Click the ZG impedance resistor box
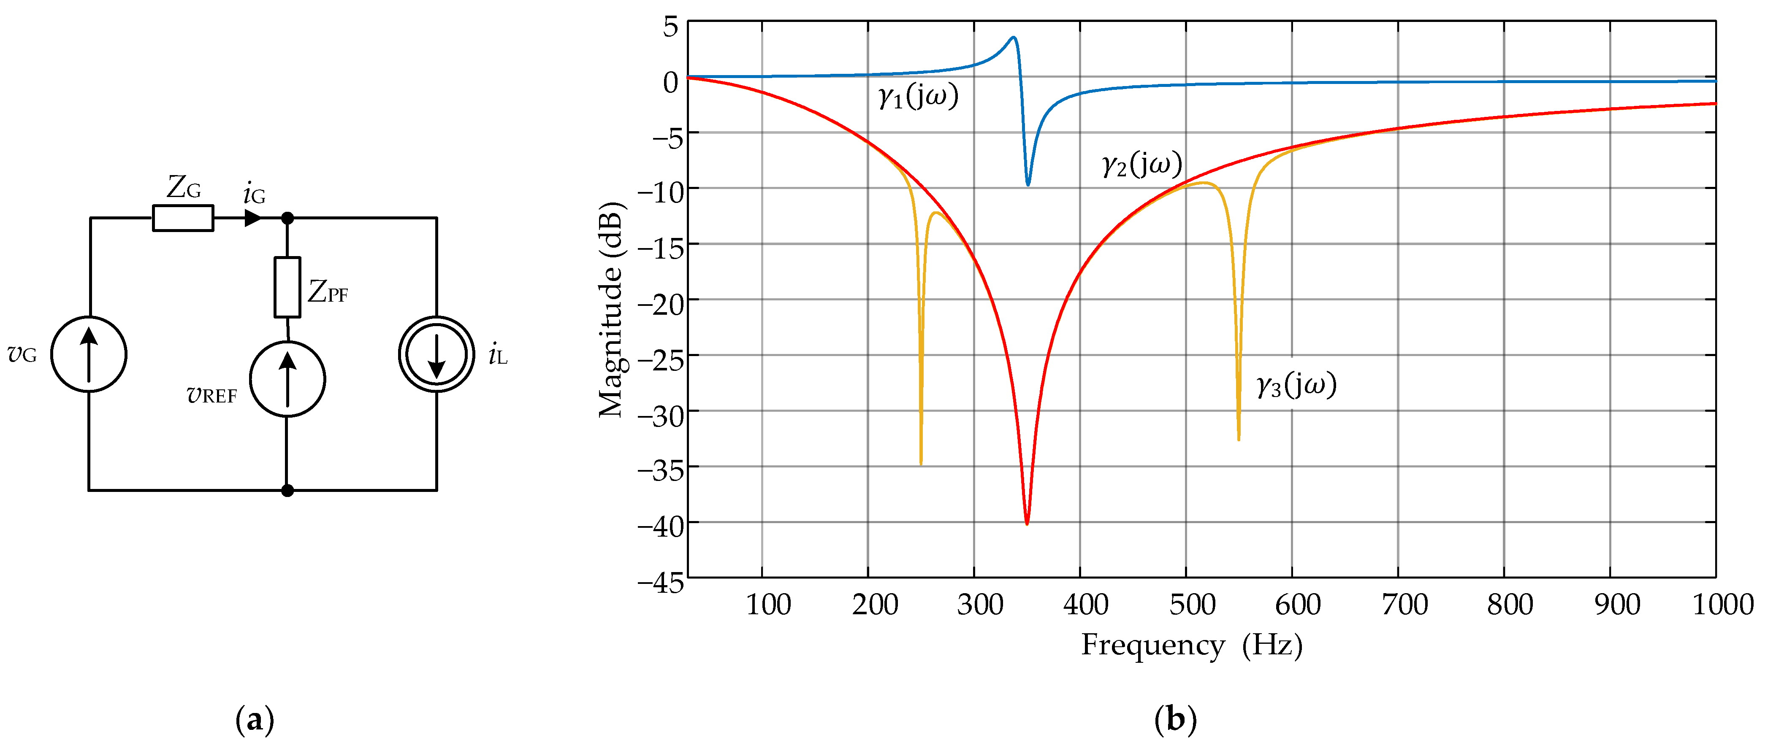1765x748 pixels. pyautogui.click(x=182, y=219)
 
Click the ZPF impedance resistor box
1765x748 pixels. pyautogui.click(x=287, y=287)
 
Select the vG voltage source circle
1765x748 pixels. pyautogui.click(x=88, y=354)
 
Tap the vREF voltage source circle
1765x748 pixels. pyautogui.click(x=287, y=379)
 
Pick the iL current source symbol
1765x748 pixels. pyautogui.click(x=437, y=354)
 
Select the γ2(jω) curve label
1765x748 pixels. pyautogui.click(x=1141, y=165)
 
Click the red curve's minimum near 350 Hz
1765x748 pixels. pyautogui.click(x=1026, y=523)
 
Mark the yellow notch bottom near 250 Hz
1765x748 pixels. pyautogui.click(x=920, y=463)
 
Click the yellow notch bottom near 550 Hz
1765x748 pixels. pyautogui.click(x=1239, y=439)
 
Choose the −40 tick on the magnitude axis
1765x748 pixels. pyautogui.click(x=661, y=526)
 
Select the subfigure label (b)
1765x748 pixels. pyautogui.click(x=1175, y=720)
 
